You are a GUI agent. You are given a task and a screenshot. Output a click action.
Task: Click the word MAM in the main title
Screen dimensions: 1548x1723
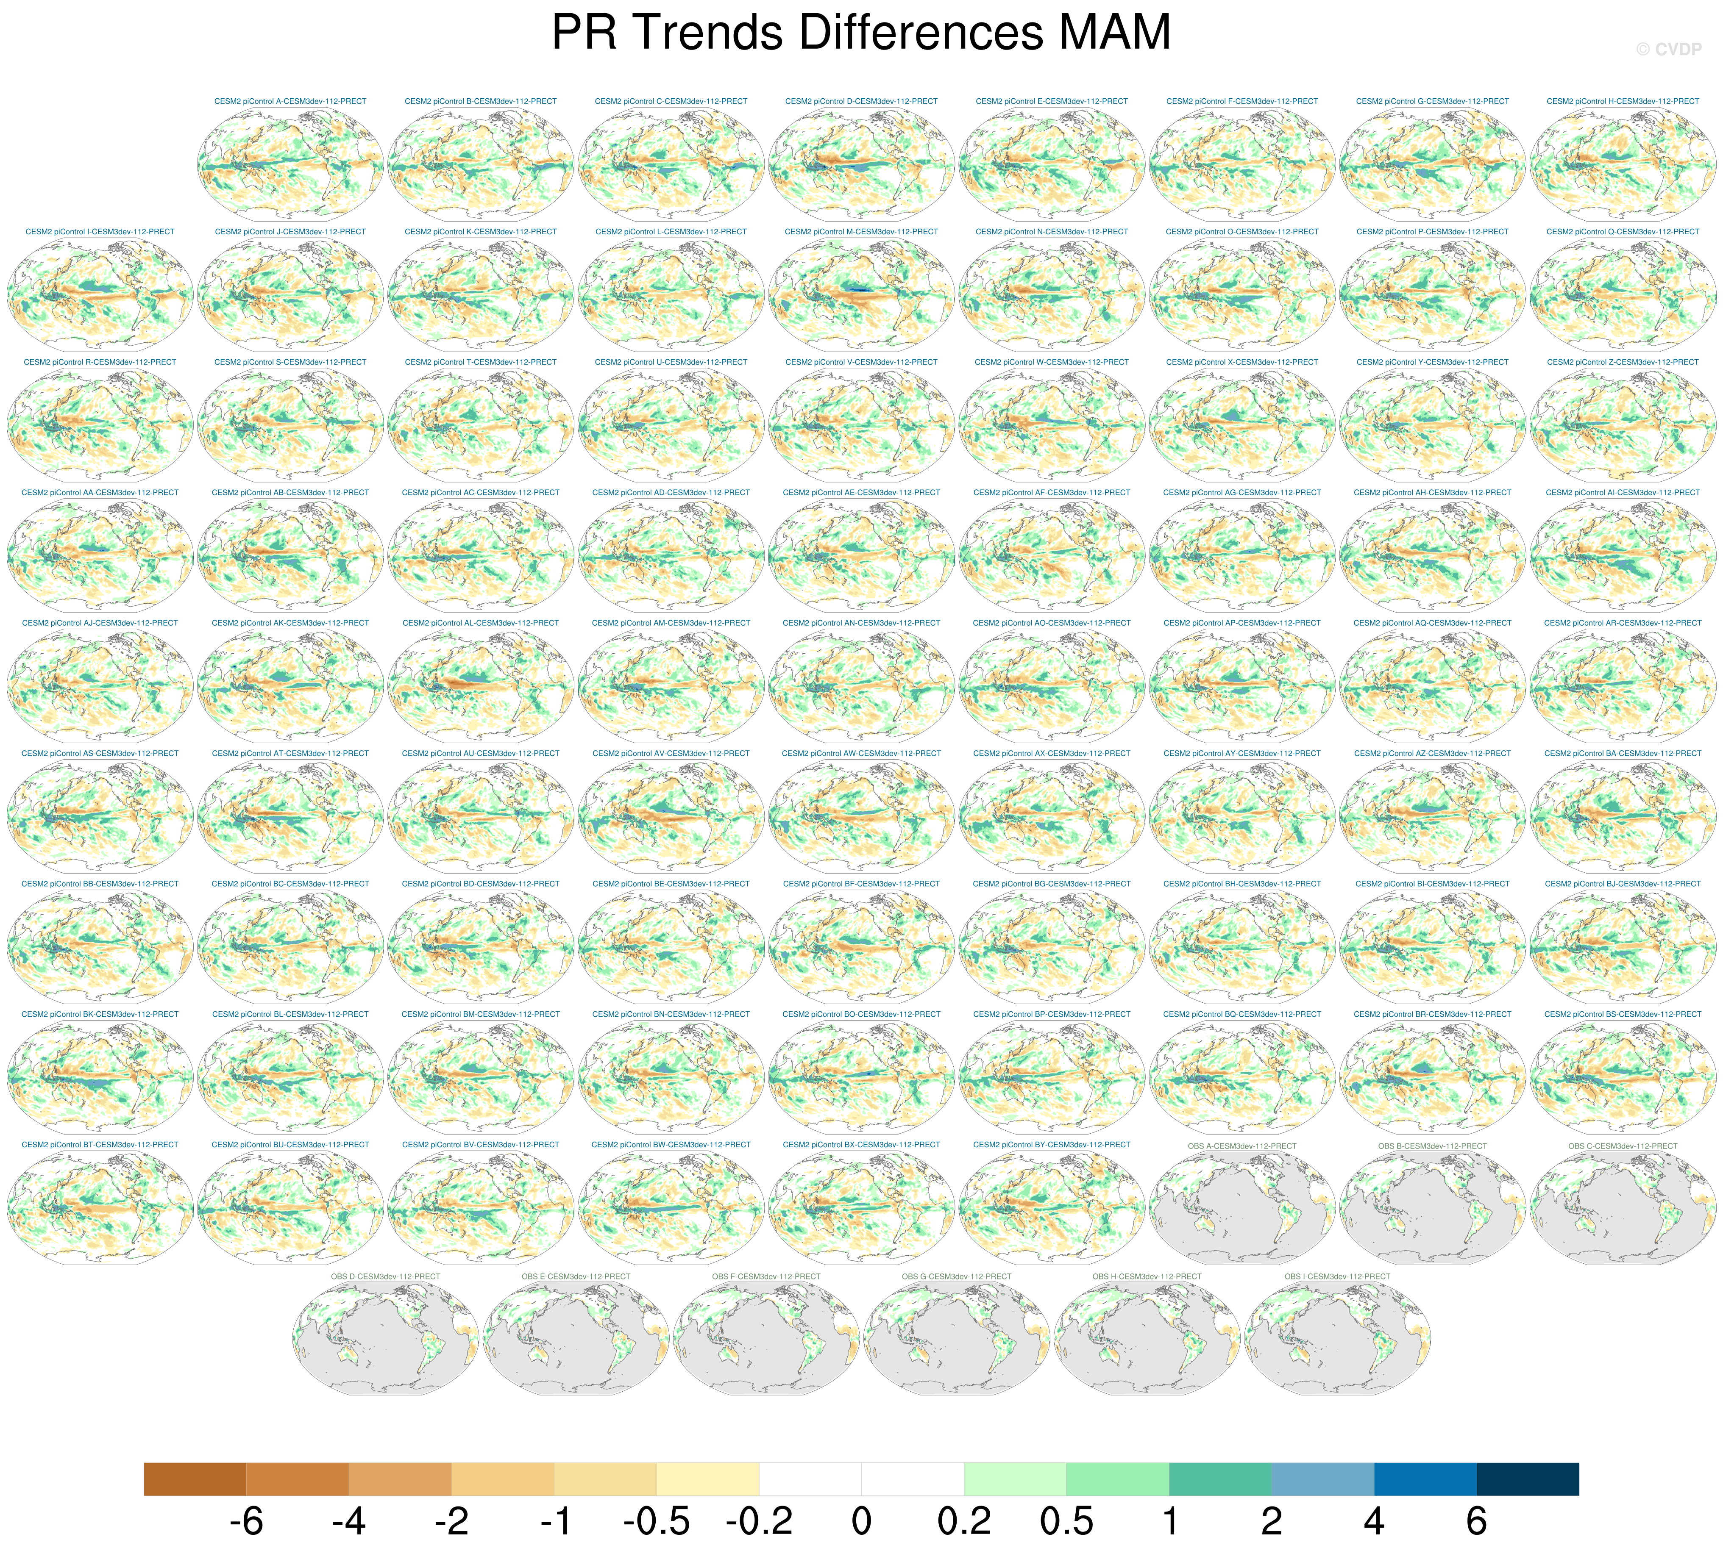(1115, 32)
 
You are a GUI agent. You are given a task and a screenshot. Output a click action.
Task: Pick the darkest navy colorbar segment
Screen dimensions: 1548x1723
(1527, 1479)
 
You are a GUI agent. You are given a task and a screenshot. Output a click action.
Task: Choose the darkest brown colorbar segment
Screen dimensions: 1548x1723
(195, 1479)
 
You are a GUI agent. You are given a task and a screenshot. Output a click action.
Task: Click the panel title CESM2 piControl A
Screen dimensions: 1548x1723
(290, 101)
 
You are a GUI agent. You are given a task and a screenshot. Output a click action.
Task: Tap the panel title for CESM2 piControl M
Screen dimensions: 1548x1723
(861, 231)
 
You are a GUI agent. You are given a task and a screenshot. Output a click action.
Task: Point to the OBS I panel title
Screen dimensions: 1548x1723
(1337, 1276)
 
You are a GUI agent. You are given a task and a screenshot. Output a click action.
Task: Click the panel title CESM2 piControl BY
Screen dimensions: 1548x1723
(1052, 1145)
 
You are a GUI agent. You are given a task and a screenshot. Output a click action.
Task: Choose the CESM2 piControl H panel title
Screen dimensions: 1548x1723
(1623, 101)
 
